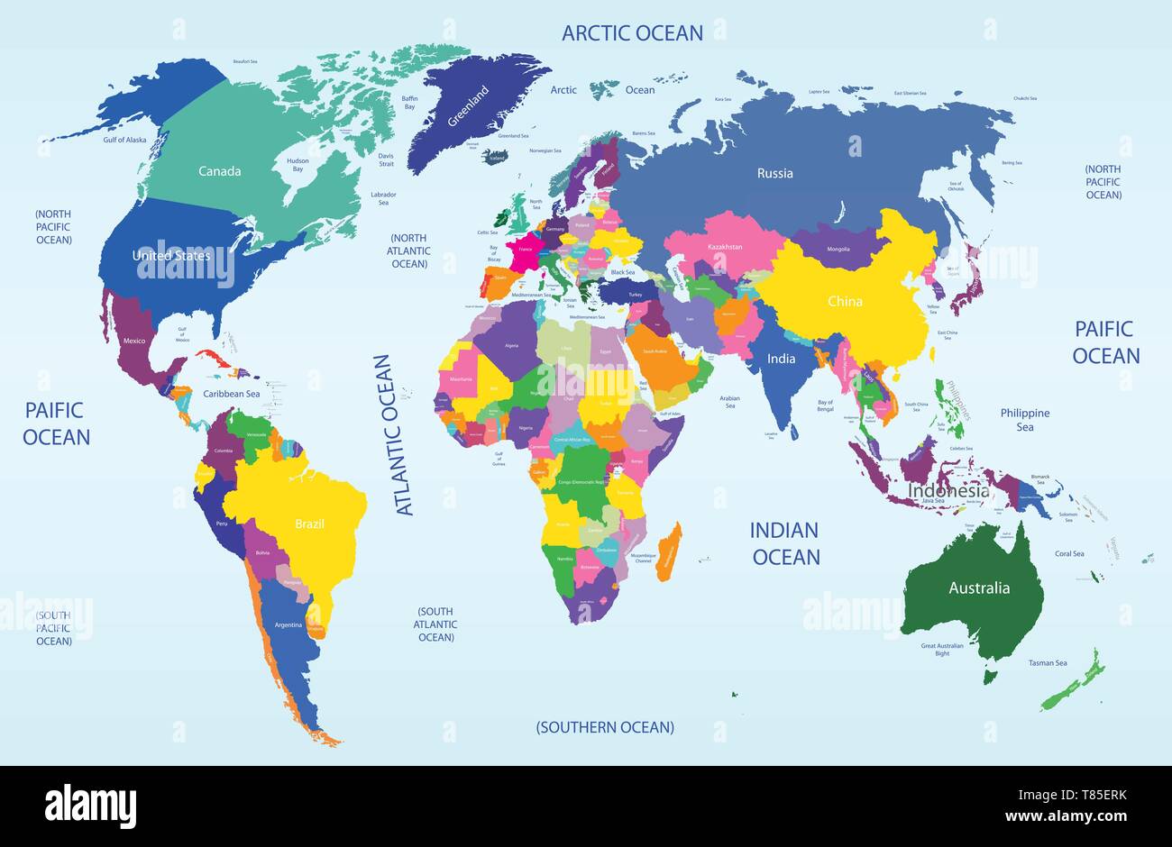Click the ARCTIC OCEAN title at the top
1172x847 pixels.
coord(632,33)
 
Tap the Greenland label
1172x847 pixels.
coord(468,107)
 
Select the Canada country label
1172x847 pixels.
coord(220,170)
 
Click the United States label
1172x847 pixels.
coord(171,256)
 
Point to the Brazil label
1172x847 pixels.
coord(309,524)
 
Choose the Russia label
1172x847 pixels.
coord(774,173)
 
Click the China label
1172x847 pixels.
coord(845,302)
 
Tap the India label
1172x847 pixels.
coord(781,359)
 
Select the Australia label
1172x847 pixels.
coord(979,588)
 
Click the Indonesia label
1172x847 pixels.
coord(948,491)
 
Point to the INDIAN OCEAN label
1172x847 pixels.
coord(786,543)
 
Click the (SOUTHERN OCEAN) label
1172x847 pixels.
coord(605,727)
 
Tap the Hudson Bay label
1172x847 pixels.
coord(298,166)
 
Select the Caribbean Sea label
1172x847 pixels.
coord(231,394)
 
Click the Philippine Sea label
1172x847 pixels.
coord(1025,420)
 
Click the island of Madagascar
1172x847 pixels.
coord(668,550)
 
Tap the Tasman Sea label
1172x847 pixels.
coord(1048,663)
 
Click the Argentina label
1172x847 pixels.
coord(288,624)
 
